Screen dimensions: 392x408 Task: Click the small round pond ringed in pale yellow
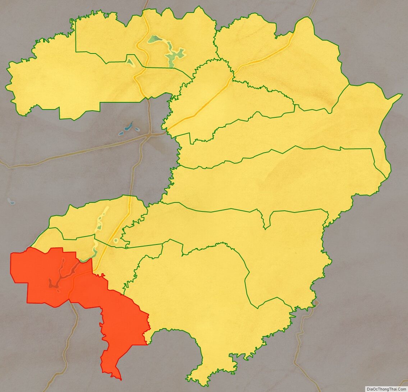click(x=116, y=241)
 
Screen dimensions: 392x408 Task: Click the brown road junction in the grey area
click(x=149, y=135)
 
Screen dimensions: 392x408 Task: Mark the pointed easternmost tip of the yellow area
click(x=402, y=95)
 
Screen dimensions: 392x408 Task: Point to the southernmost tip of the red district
click(x=120, y=379)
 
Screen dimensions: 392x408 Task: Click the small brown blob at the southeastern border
click(x=316, y=303)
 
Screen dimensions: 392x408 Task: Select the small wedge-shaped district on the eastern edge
click(x=381, y=165)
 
